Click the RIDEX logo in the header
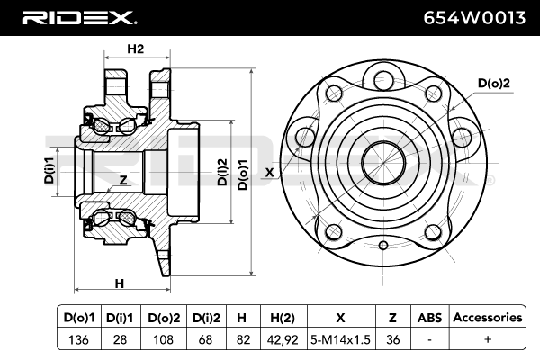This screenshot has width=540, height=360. click(80, 18)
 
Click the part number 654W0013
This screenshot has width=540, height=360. click(474, 18)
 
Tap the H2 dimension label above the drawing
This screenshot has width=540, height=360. click(136, 49)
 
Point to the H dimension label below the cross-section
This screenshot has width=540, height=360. click(119, 283)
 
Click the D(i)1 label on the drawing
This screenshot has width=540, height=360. click(49, 170)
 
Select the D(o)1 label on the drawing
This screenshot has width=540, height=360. click(243, 175)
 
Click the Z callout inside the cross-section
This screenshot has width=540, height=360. click(123, 179)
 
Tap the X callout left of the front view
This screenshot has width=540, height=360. click(269, 173)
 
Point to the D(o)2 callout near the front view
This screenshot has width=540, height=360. click(493, 83)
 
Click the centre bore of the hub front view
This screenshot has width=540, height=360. click(383, 163)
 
